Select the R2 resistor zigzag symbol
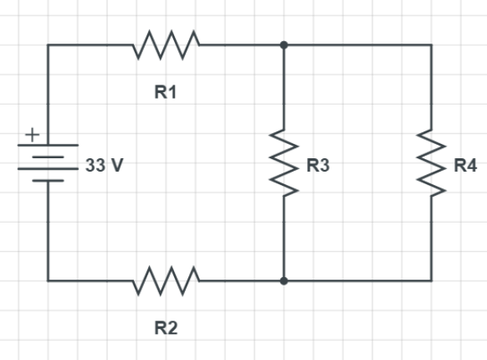(167, 280)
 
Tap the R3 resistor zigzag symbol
(285, 163)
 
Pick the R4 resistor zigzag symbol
(432, 163)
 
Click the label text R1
(166, 93)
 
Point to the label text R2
(166, 327)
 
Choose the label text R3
(318, 166)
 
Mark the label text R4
(465, 166)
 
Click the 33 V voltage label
(104, 166)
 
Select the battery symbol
(49, 162)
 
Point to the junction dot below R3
(285, 280)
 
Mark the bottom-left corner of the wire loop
(49, 280)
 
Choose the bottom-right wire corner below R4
(432, 280)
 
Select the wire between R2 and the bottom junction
(243, 280)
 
